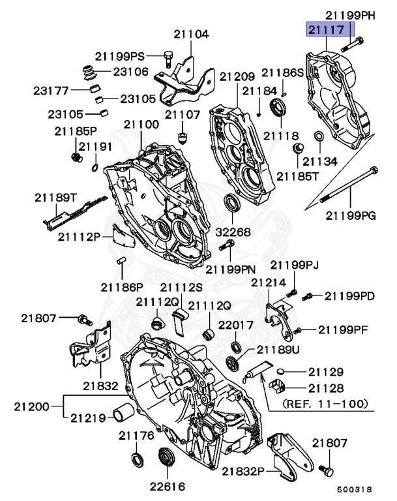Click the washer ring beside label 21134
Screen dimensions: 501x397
pos(319,136)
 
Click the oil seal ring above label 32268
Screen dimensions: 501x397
pos(233,204)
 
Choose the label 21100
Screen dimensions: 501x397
pos(141,123)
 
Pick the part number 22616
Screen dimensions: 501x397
pos(167,486)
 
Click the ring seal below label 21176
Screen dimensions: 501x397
pos(139,459)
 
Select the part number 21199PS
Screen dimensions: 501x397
pos(119,57)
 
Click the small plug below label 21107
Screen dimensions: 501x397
pos(183,138)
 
